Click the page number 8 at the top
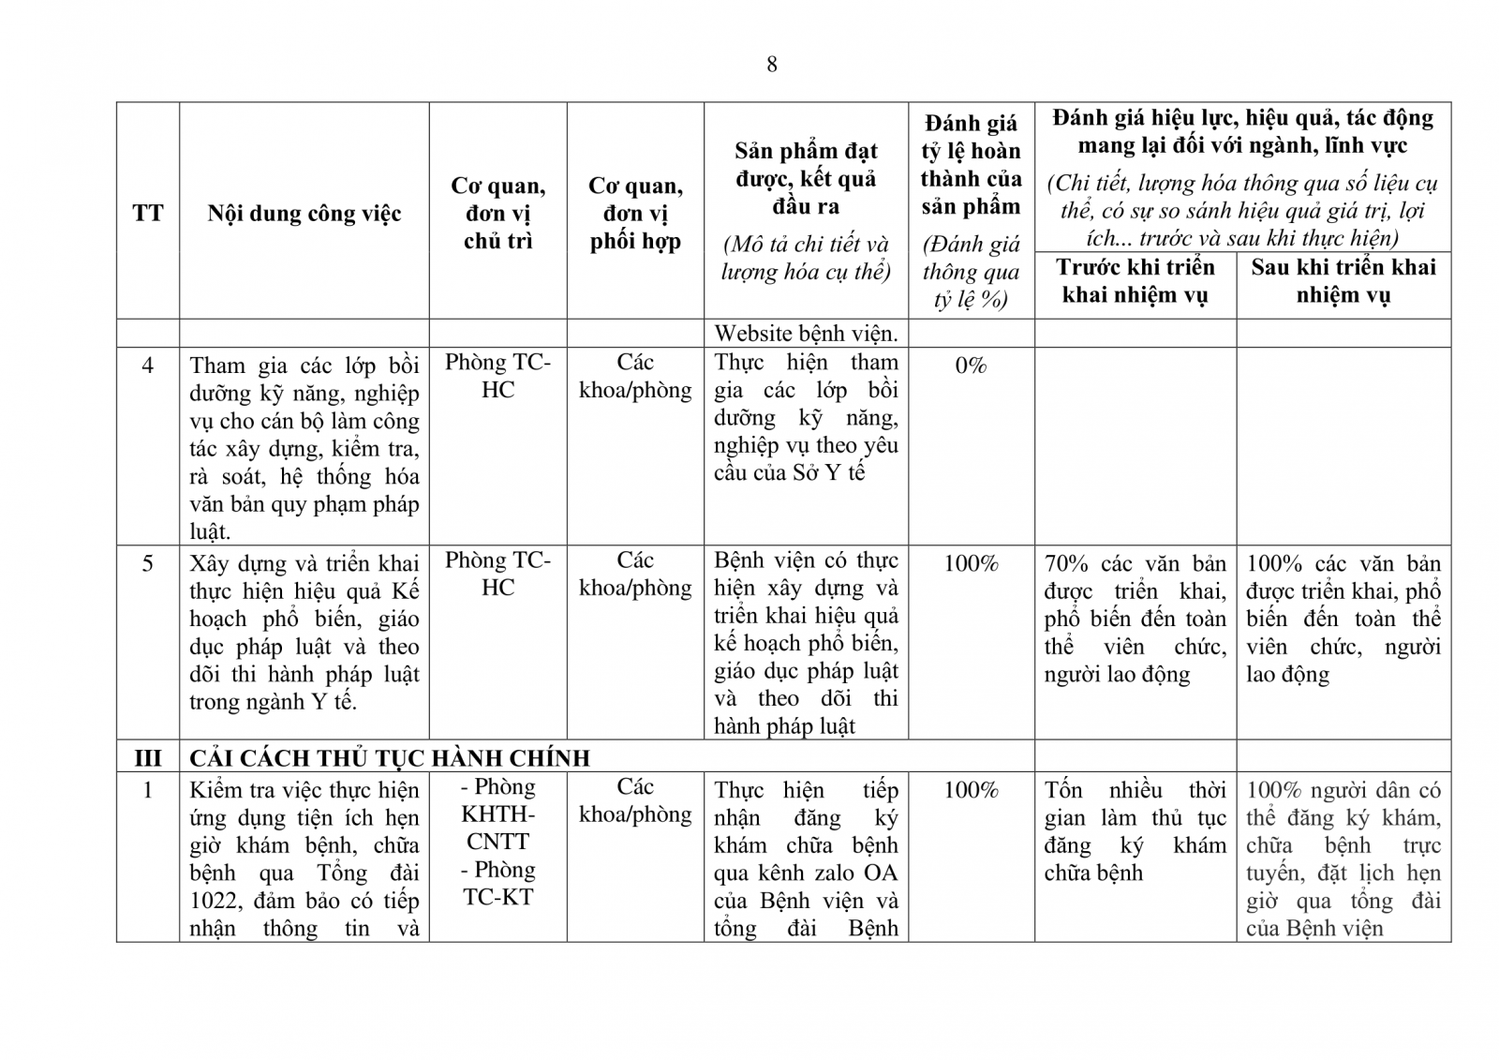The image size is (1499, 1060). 771,65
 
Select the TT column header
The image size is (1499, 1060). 147,214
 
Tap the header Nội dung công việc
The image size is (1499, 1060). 304,214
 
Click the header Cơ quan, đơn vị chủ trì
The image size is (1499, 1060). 497,214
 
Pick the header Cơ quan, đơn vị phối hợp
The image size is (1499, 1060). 635,214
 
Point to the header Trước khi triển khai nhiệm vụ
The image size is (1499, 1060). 1135,281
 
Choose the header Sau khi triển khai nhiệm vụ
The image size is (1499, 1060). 1343,281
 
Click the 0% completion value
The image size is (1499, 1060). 971,366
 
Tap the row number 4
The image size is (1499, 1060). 147,366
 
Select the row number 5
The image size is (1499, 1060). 147,563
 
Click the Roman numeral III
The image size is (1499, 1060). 147,758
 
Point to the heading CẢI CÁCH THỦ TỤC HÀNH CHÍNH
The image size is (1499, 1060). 390,758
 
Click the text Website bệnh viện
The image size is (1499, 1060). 806,334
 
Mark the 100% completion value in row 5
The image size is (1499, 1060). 971,563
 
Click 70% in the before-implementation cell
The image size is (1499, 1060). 1066,563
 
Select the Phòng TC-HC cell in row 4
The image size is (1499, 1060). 497,376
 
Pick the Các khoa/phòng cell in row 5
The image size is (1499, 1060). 635,574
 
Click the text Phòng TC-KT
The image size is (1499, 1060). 497,883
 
